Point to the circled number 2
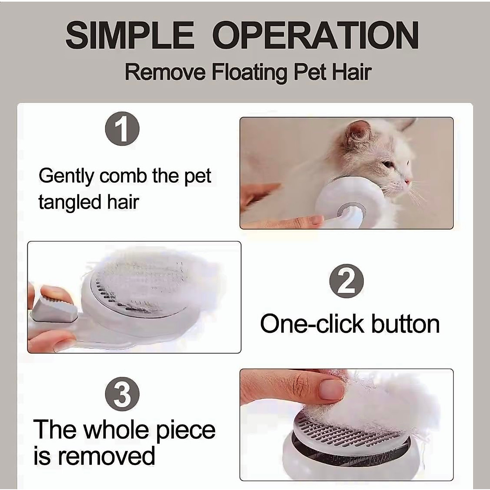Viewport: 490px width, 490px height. click(346, 281)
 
